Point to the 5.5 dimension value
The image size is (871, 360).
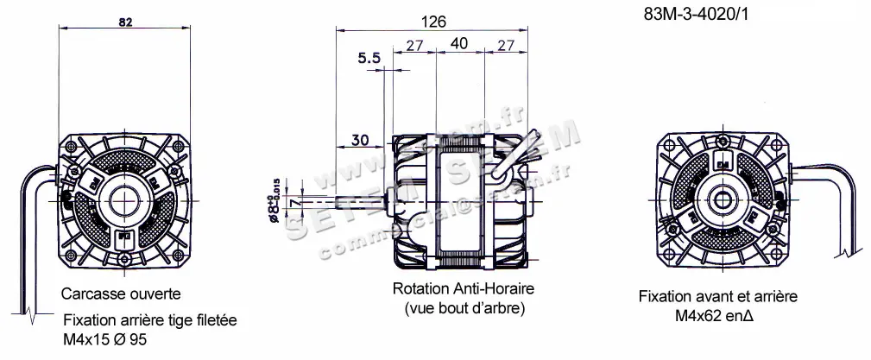(x=369, y=59)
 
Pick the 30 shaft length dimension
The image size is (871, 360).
(x=361, y=138)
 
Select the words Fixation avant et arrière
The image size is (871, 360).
(x=717, y=296)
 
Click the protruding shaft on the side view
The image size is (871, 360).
(x=363, y=204)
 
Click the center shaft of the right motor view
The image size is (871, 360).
(x=723, y=201)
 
